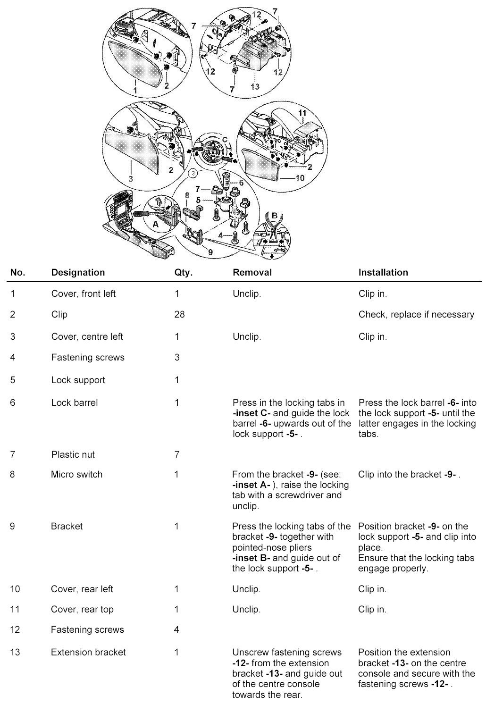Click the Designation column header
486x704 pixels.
tap(78, 272)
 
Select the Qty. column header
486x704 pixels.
tap(183, 272)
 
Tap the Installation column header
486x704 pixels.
tap(383, 272)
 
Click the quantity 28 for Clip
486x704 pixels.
tap(179, 314)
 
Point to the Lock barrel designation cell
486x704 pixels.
tap(75, 402)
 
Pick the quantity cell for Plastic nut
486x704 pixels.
tap(177, 454)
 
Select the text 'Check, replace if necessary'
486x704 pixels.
tap(416, 314)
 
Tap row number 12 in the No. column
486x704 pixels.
tap(15, 629)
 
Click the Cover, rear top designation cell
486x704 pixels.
tap(82, 609)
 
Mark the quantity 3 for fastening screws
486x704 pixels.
tap(177, 357)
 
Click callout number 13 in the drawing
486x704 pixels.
tap(255, 87)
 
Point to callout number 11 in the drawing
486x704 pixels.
tap(302, 113)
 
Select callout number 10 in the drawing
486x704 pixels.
tap(300, 178)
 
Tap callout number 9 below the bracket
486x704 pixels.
tap(210, 251)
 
